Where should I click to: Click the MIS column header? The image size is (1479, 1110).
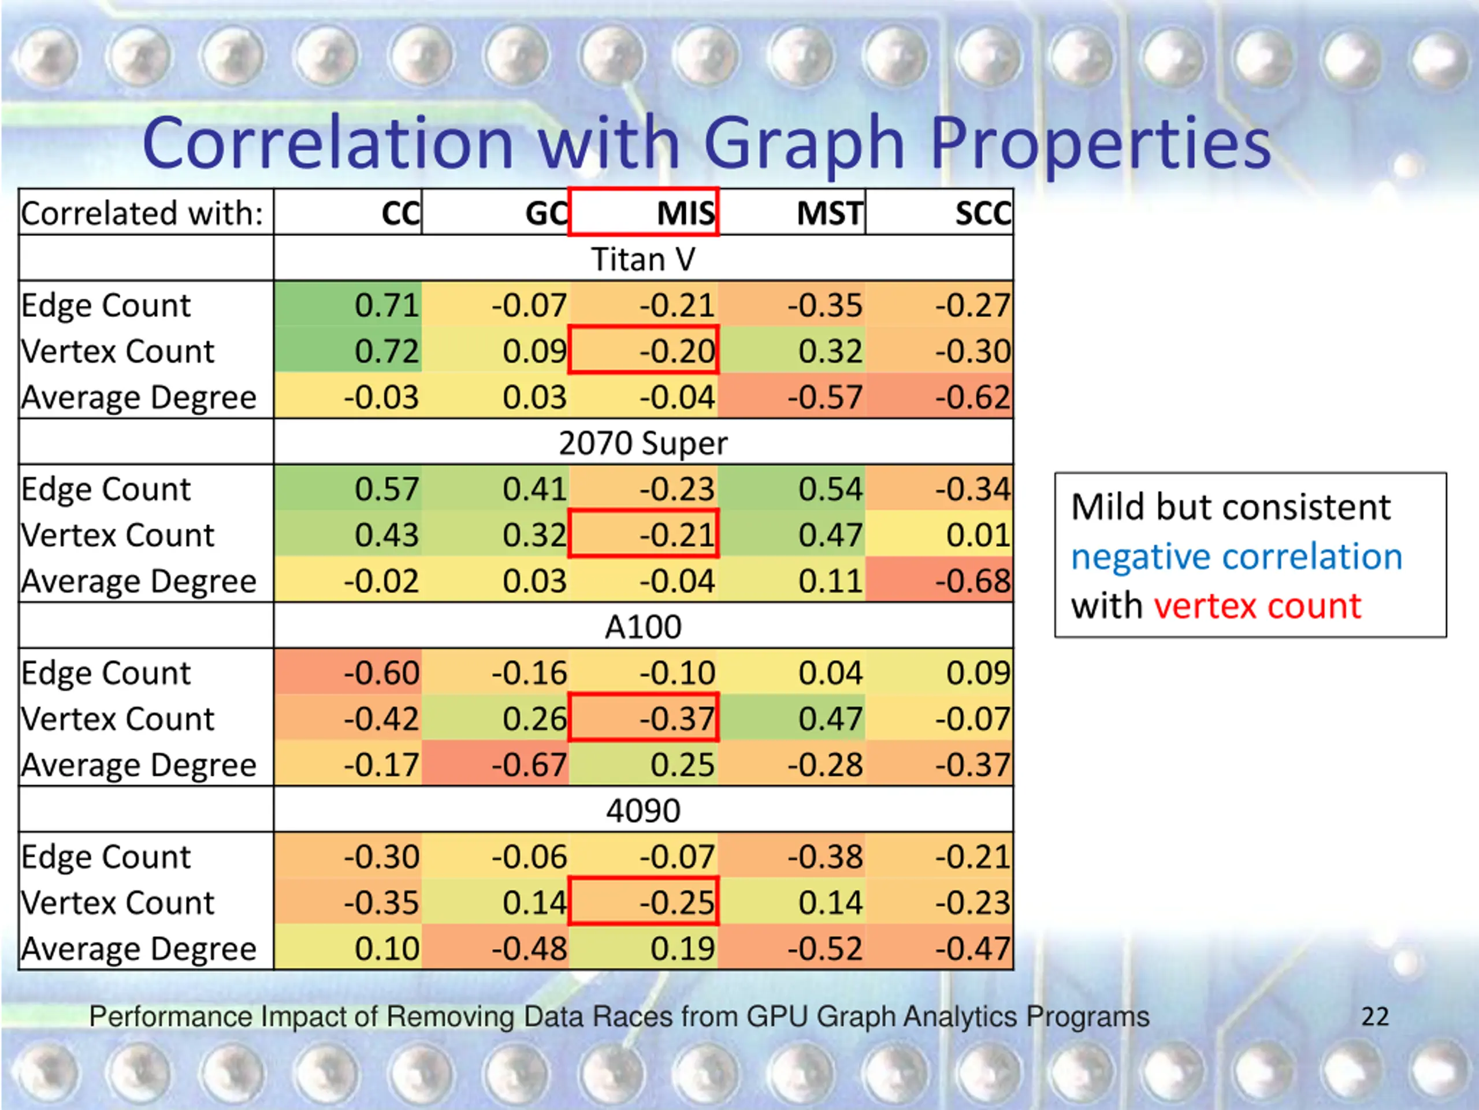point(685,213)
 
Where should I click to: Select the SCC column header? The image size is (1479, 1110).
point(982,213)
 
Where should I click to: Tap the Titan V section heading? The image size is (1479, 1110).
point(643,260)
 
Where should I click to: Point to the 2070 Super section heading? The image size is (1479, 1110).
point(643,443)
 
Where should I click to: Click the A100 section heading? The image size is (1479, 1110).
point(643,627)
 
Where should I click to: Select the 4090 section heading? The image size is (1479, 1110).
point(643,811)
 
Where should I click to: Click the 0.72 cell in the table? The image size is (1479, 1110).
point(387,351)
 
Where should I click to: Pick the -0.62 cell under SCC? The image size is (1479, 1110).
point(972,397)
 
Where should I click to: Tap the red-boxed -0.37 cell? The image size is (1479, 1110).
point(677,719)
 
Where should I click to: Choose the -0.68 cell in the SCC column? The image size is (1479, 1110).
point(972,581)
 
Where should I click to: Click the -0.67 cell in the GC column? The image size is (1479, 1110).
point(529,765)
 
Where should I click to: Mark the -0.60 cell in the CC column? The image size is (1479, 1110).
point(381,672)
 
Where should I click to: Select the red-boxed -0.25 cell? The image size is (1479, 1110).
point(677,902)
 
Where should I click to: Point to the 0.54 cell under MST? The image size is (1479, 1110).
point(830,489)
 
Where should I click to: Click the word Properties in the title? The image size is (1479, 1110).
point(1100,143)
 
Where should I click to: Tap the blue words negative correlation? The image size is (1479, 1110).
point(1236,557)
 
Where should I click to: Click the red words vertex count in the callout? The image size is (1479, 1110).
point(1257,606)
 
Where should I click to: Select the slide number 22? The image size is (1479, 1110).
point(1374,1017)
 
